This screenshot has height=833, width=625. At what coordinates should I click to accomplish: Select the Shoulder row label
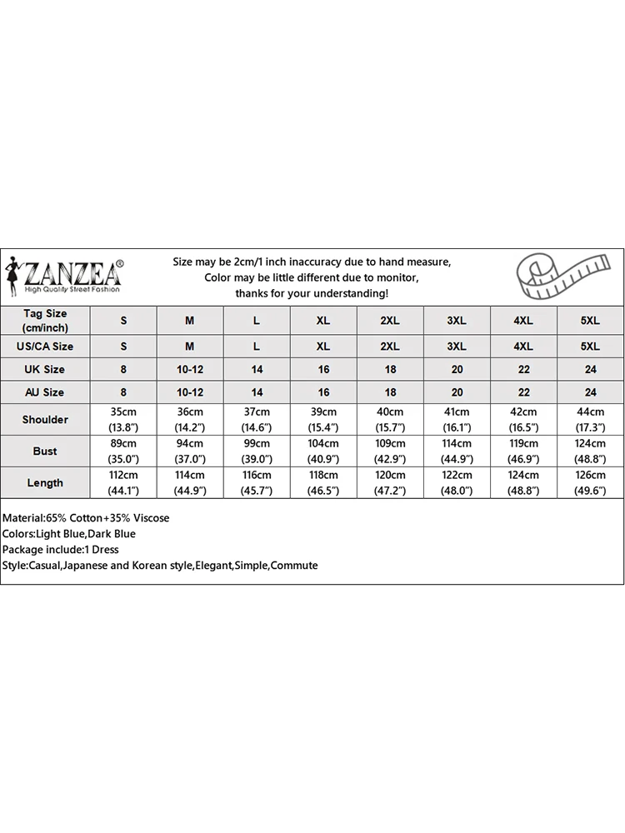[45, 419]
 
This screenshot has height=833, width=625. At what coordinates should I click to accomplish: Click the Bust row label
[45, 451]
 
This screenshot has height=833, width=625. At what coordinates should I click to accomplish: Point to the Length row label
[45, 482]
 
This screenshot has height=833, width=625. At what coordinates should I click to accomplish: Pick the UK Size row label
[45, 369]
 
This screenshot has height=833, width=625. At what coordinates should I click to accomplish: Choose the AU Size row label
[45, 392]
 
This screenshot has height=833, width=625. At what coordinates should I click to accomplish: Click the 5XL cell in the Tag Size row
[590, 321]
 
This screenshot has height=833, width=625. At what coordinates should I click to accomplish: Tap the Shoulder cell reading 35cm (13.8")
[123, 419]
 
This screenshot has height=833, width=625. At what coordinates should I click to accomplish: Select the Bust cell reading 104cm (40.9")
[323, 451]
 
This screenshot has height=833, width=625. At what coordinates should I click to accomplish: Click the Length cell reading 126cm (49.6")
[590, 482]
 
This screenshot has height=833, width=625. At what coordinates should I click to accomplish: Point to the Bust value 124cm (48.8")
[590, 451]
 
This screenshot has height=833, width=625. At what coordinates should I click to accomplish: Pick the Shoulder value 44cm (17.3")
[590, 419]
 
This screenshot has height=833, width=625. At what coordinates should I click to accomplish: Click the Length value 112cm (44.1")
[123, 482]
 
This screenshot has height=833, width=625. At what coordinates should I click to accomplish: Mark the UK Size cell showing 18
[390, 369]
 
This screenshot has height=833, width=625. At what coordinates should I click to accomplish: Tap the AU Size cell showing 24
[590, 392]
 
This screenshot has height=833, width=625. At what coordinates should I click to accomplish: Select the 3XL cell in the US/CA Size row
[457, 346]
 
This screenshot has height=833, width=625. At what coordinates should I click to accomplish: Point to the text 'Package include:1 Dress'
[61, 550]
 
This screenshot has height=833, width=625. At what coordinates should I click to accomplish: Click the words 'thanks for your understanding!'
[312, 293]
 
